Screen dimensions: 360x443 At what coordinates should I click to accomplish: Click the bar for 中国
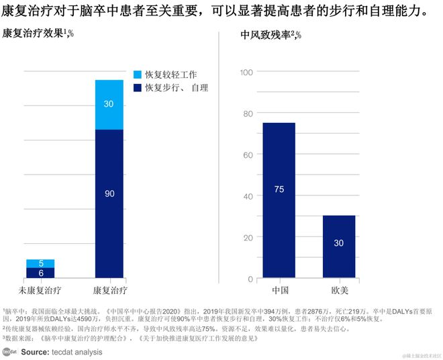[278, 200]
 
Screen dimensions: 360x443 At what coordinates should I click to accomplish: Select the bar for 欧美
[339, 246]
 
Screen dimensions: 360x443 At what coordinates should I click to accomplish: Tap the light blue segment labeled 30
[109, 104]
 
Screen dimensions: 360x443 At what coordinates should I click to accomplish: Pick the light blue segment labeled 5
[40, 263]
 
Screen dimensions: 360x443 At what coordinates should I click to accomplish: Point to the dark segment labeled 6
[40, 273]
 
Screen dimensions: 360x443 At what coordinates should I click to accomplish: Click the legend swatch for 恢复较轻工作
[138, 75]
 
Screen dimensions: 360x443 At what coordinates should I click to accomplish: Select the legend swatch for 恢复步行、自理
[138, 87]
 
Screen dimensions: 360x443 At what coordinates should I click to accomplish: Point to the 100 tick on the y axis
[245, 72]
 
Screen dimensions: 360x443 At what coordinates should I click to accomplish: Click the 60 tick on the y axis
[247, 154]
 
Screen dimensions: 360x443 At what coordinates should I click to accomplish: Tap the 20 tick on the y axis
[247, 237]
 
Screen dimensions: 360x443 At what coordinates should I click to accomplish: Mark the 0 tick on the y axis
[250, 279]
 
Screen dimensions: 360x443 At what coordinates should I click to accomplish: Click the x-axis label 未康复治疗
[41, 289]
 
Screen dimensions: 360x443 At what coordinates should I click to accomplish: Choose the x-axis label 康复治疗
[109, 289]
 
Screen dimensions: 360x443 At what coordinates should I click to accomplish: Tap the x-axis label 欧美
[339, 290]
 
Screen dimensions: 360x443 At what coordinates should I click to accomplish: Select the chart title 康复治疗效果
[34, 35]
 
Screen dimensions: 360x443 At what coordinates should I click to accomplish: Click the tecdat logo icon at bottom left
[9, 351]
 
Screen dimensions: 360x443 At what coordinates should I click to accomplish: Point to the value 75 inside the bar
[279, 189]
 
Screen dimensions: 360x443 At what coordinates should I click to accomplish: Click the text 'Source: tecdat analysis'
[62, 351]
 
